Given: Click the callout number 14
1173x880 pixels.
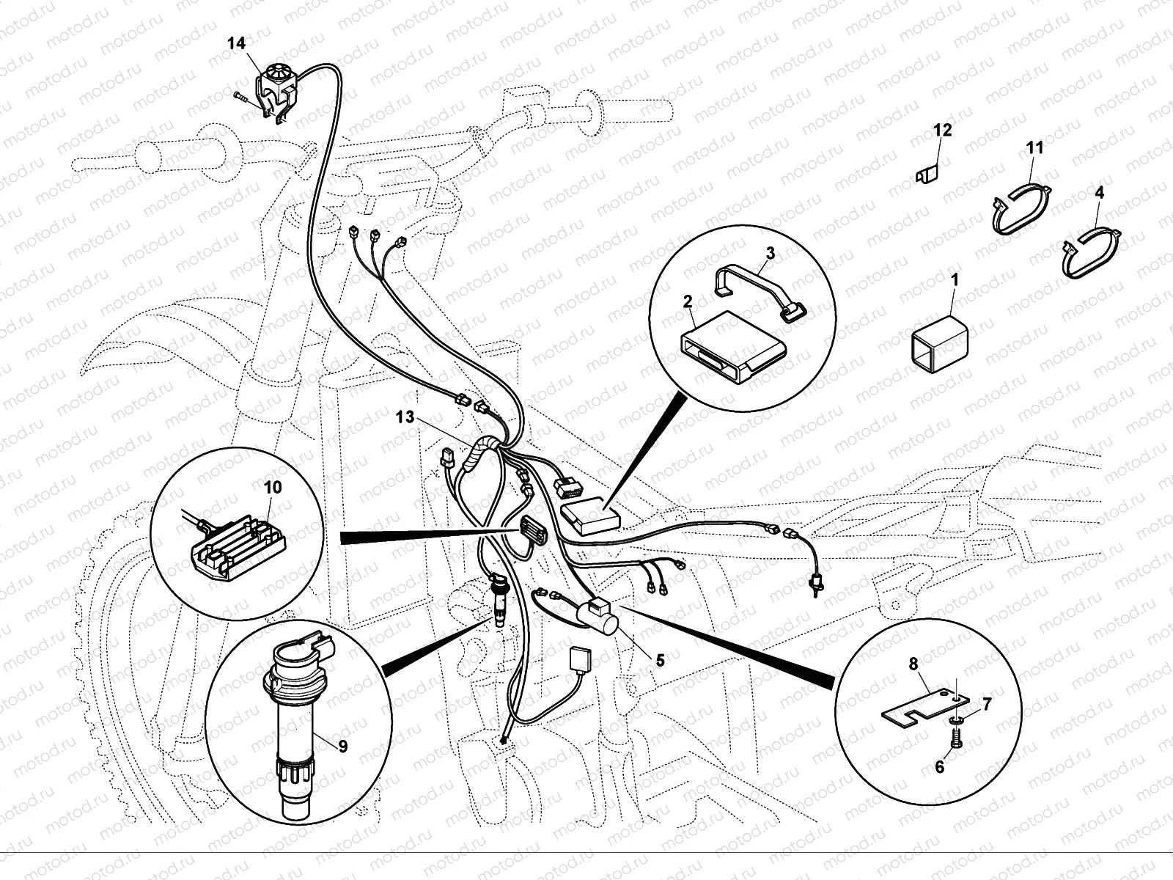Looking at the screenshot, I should tap(236, 43).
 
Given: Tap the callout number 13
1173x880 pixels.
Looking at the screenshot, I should tap(405, 417).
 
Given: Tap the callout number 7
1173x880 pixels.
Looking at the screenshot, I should tap(987, 705).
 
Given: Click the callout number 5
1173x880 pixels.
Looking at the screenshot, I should tap(660, 661).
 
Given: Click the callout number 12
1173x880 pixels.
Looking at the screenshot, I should tap(942, 131).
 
